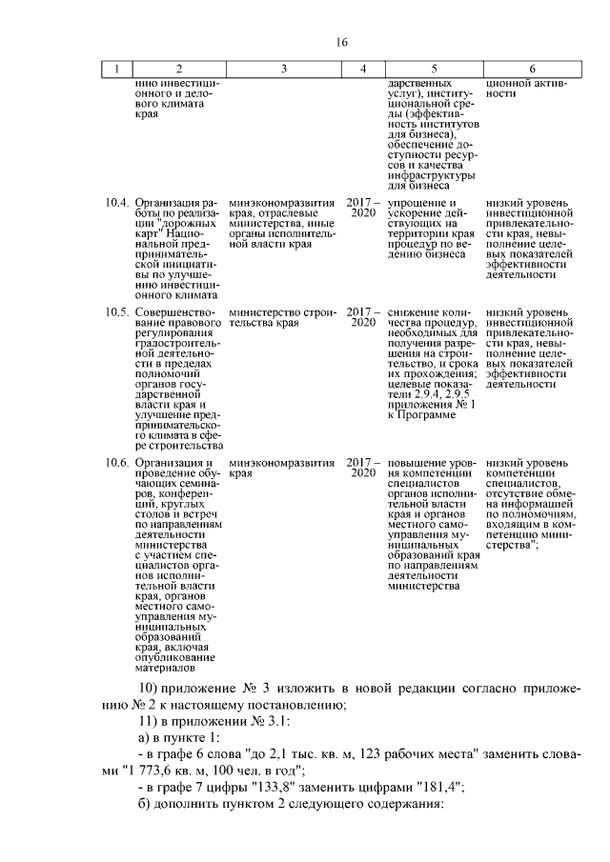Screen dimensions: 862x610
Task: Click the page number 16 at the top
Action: (342, 42)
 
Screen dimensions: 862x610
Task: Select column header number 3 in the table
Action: (283, 69)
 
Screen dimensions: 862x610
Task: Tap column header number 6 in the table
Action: (531, 69)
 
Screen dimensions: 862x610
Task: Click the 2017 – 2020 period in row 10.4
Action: (362, 209)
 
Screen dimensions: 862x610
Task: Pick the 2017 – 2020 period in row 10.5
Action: (362, 317)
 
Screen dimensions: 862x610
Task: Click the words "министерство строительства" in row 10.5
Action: (282, 317)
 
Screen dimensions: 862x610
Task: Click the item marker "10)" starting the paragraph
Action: (150, 688)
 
